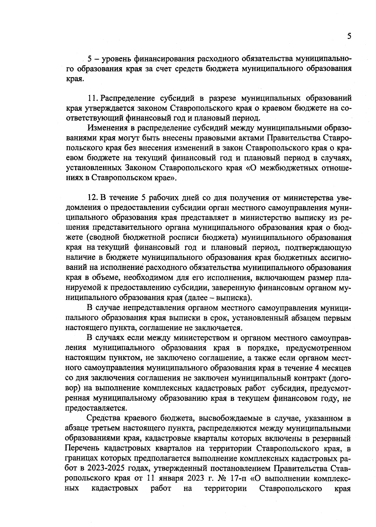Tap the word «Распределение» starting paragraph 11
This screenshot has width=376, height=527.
point(129,98)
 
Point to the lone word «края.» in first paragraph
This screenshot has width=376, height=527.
point(75,78)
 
